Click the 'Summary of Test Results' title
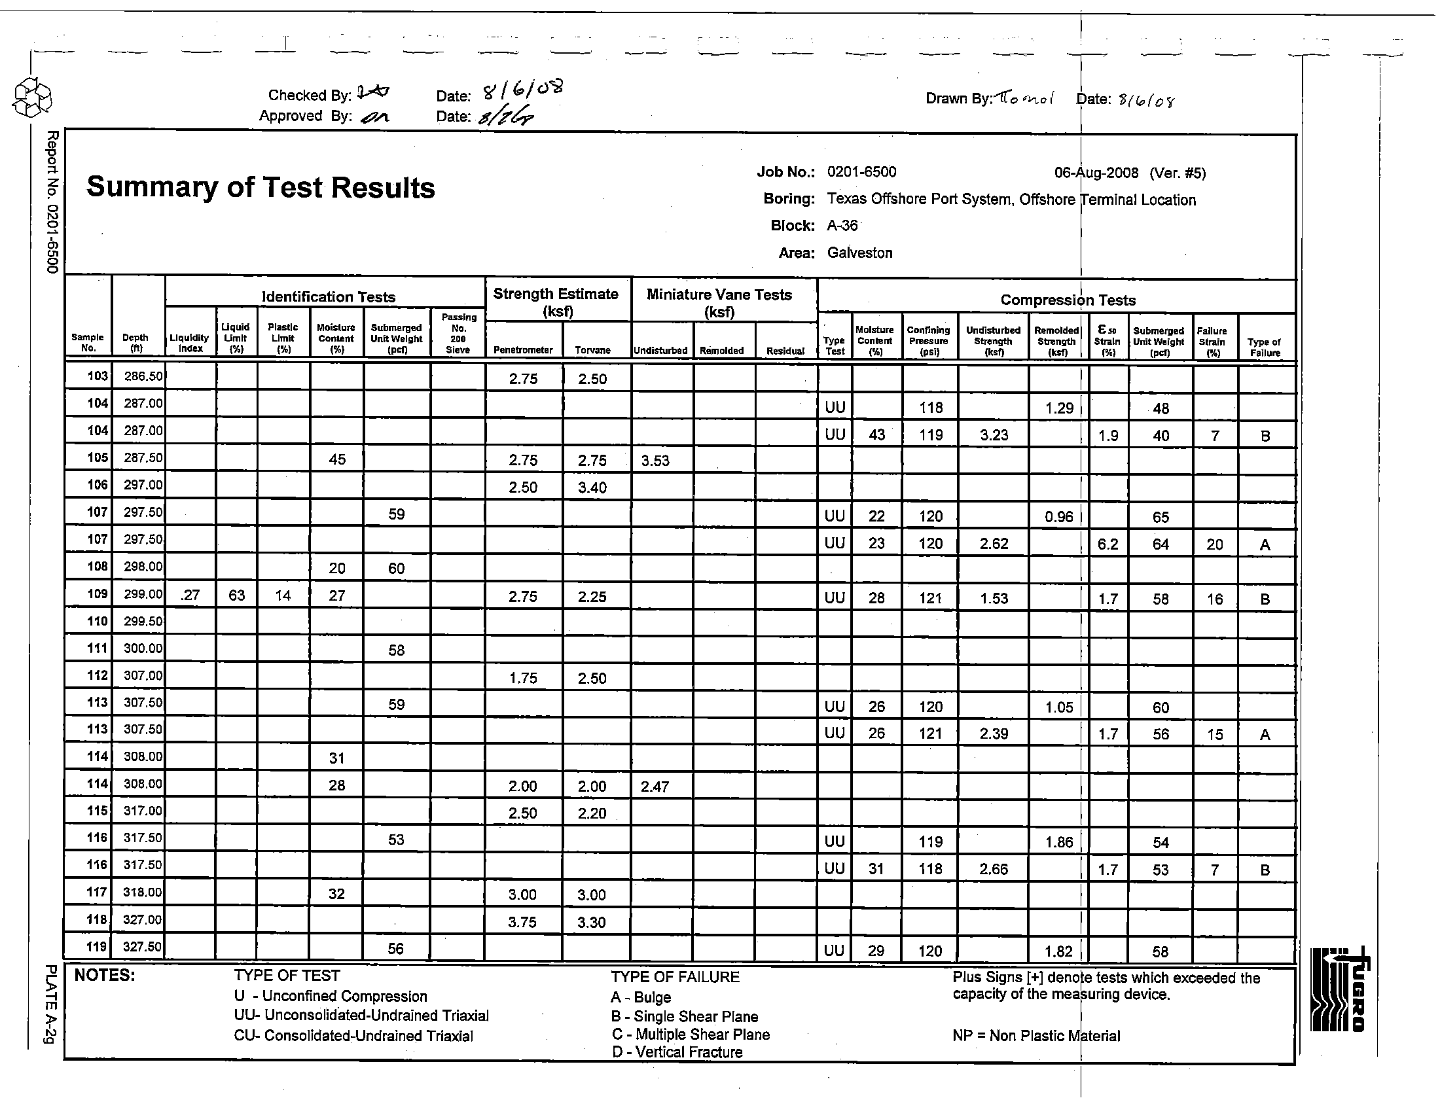261,187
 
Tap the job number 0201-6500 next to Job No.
861,172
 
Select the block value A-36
842,225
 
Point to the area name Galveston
859,253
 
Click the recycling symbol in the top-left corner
32,97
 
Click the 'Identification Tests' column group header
329,297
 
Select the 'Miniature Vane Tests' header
719,294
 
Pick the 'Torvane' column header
592,350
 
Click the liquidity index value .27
190,595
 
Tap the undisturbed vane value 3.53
655,461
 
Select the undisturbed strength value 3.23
994,435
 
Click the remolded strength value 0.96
1059,517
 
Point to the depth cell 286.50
143,376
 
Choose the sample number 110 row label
97,621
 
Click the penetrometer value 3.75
522,922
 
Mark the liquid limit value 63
237,595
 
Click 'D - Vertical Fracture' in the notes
677,1052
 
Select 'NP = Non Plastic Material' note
1036,1036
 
